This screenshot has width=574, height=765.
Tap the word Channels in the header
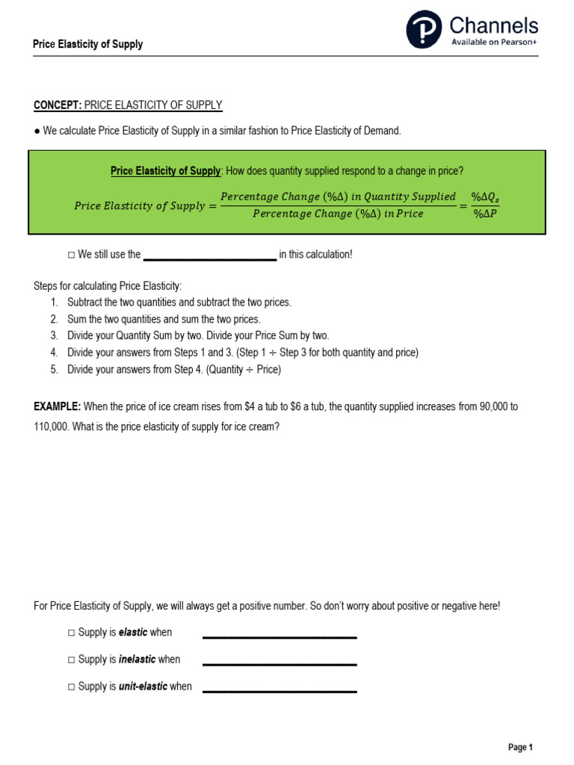(x=493, y=25)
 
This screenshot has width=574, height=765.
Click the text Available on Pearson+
(x=493, y=42)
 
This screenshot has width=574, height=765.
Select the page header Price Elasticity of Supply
(x=87, y=44)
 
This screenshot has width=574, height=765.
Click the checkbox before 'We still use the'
(x=71, y=255)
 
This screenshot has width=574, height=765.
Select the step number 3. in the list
(x=54, y=335)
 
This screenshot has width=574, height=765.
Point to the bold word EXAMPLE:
(x=57, y=407)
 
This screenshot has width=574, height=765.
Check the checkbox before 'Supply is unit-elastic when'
(x=71, y=687)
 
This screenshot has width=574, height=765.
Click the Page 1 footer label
(x=520, y=747)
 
